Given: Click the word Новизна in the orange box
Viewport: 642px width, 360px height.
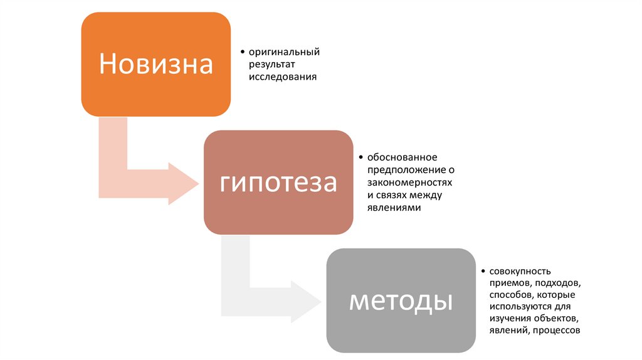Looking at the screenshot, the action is tap(156, 64).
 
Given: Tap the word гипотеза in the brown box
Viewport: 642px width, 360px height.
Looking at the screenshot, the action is tap(278, 183).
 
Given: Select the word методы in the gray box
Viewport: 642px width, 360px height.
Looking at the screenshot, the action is tap(401, 300).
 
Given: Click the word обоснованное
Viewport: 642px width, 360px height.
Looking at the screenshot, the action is tap(402, 157).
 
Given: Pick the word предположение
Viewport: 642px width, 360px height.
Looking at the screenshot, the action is tap(402, 169).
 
